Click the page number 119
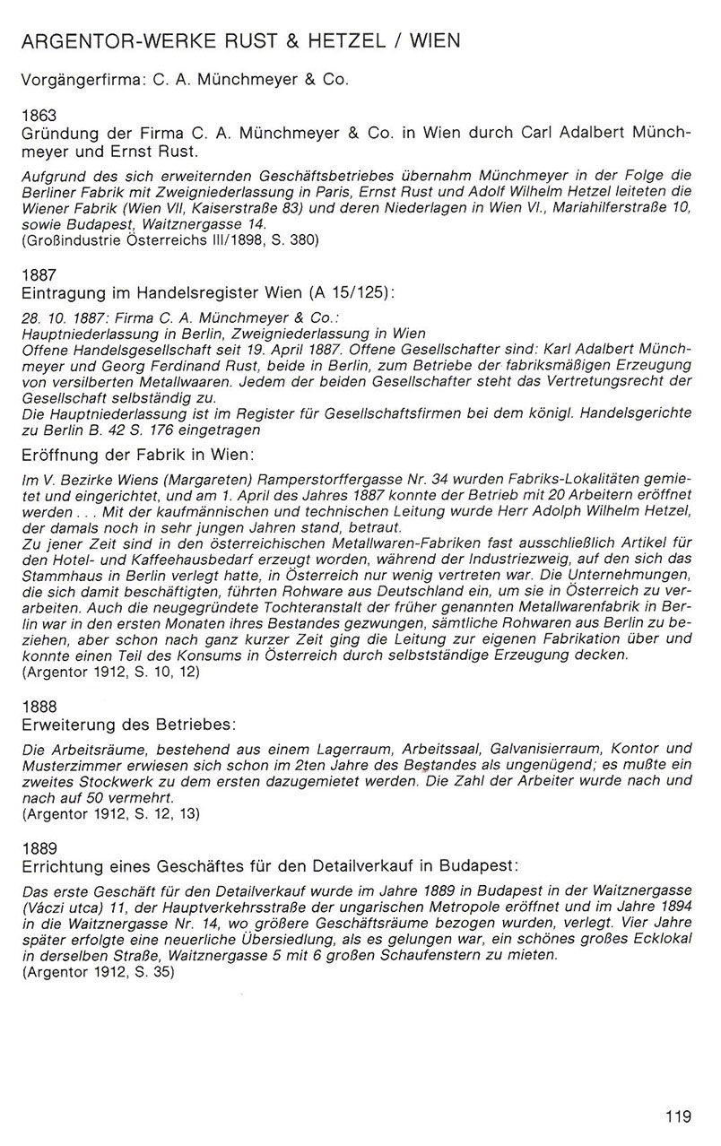pyautogui.click(x=678, y=1116)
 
